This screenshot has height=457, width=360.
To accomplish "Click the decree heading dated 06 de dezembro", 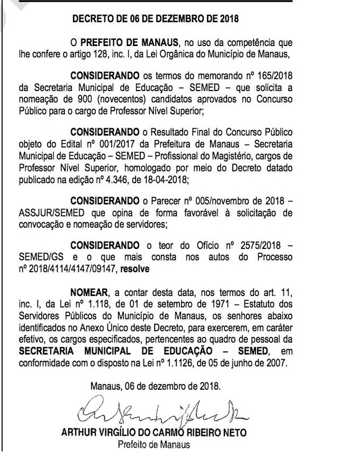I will (155, 20).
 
